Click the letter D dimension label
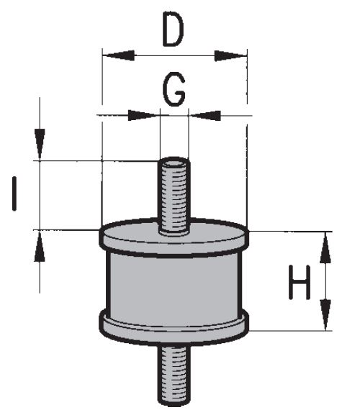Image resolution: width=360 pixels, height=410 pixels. [174, 29]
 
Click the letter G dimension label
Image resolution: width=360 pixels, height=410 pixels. [174, 89]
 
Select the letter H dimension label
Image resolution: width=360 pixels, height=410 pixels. [300, 282]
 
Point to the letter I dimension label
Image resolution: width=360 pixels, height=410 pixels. [14, 193]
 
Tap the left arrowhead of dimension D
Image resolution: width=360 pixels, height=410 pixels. [118, 55]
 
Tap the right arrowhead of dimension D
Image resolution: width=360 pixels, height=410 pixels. [230, 55]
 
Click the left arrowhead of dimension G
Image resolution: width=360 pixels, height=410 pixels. [143, 115]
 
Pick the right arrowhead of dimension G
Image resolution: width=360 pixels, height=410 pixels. [204, 115]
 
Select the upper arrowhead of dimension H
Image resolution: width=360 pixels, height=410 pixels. [325, 247]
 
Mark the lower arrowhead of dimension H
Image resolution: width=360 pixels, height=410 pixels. [325, 315]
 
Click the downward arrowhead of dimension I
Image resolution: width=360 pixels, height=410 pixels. [40, 144]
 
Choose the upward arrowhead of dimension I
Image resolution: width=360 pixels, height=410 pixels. [40, 247]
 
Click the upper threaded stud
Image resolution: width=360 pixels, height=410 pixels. [174, 196]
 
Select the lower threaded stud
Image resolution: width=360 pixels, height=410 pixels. [174, 375]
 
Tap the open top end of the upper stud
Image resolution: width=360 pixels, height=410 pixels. [174, 163]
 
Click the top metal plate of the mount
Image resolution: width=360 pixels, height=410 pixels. [174, 237]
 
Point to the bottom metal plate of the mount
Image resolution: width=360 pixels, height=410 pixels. [174, 327]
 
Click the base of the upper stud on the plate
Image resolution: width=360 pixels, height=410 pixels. [174, 232]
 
